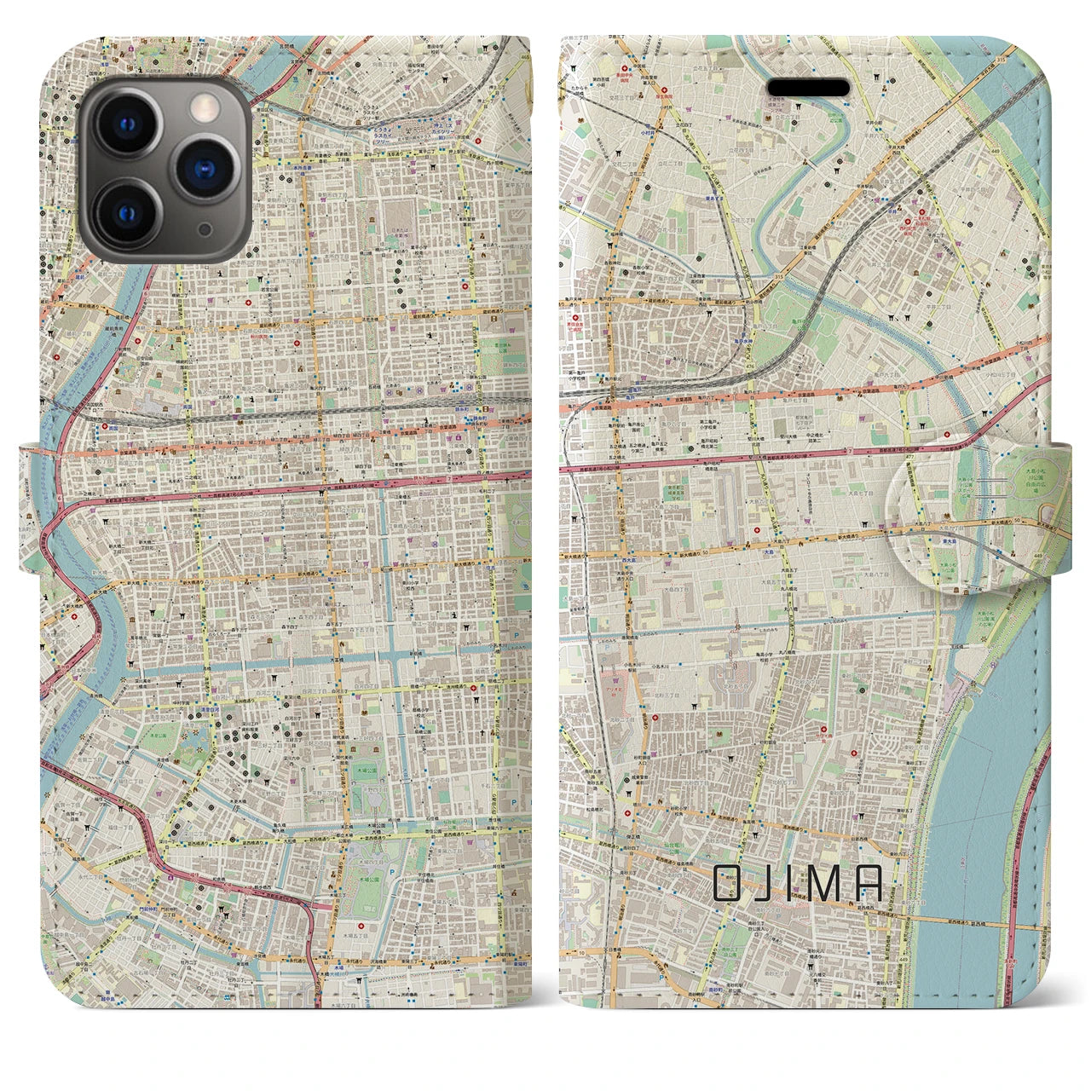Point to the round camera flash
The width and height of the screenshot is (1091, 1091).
(204, 107)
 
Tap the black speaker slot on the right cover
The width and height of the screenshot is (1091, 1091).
(810, 89)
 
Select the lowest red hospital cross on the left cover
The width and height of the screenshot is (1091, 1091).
(361, 926)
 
